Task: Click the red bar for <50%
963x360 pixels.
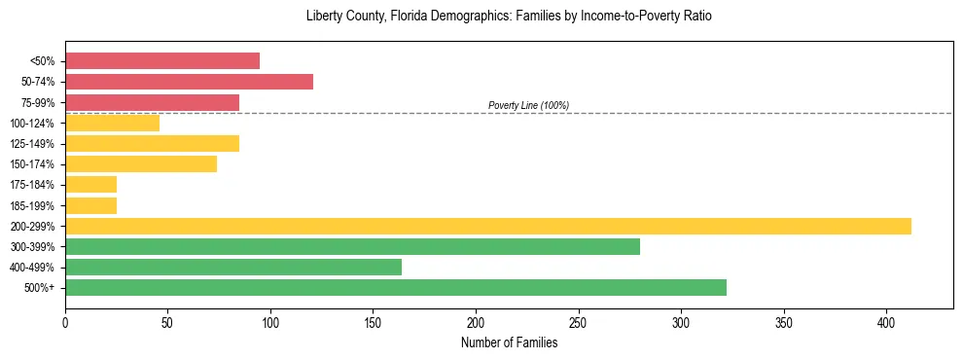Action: point(162,61)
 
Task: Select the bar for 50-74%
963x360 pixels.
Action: point(189,82)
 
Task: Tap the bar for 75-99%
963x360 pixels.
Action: point(152,102)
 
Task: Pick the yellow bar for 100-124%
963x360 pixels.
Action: point(112,123)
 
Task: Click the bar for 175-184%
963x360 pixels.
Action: point(90,184)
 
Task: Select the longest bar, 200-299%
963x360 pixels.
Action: point(487,226)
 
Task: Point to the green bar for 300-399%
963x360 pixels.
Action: point(352,246)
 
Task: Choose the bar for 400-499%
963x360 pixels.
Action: point(233,267)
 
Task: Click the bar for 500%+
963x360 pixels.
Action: point(395,287)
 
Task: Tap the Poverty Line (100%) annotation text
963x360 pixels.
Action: point(528,105)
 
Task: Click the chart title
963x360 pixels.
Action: point(509,17)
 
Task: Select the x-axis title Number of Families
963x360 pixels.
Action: point(509,342)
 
